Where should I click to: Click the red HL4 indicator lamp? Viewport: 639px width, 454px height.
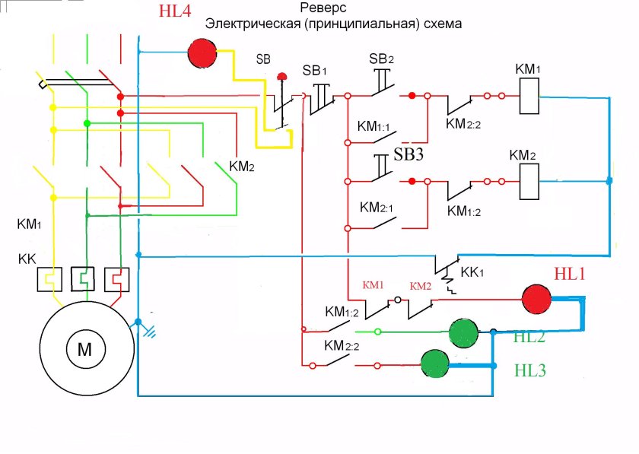(202, 53)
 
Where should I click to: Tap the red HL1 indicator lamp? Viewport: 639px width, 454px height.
(536, 298)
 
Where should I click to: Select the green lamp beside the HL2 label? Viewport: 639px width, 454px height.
(463, 332)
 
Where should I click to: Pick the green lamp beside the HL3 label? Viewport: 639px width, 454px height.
(436, 364)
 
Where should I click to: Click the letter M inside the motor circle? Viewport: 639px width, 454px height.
(84, 349)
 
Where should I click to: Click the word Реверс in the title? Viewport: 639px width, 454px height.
(323, 9)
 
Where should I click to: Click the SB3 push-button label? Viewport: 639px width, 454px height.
(409, 155)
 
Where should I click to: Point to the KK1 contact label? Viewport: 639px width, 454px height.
(472, 271)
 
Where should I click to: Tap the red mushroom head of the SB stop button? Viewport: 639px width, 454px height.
(282, 76)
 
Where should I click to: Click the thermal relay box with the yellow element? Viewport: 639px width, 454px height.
(49, 279)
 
